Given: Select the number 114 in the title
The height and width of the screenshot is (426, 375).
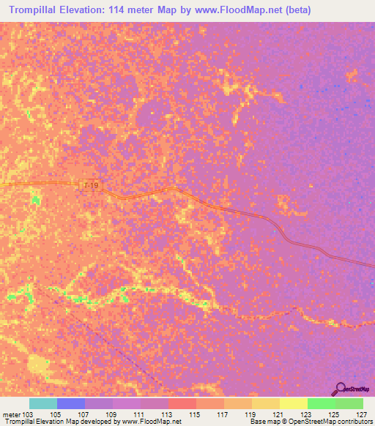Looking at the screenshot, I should coord(119,10).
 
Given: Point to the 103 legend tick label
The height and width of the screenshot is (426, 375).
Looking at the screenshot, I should coord(23,414).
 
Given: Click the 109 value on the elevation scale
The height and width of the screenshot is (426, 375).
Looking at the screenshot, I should coord(112,414).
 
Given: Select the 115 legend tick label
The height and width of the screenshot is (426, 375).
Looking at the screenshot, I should coord(196,414).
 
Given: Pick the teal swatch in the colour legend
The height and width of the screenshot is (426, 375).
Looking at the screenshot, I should coord(42,403).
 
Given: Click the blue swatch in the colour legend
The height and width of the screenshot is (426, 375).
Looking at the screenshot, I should coord(70,403).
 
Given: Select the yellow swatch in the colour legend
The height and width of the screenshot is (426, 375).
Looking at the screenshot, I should coord(293,403).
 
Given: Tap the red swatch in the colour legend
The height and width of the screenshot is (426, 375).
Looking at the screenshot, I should coord(182,403).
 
